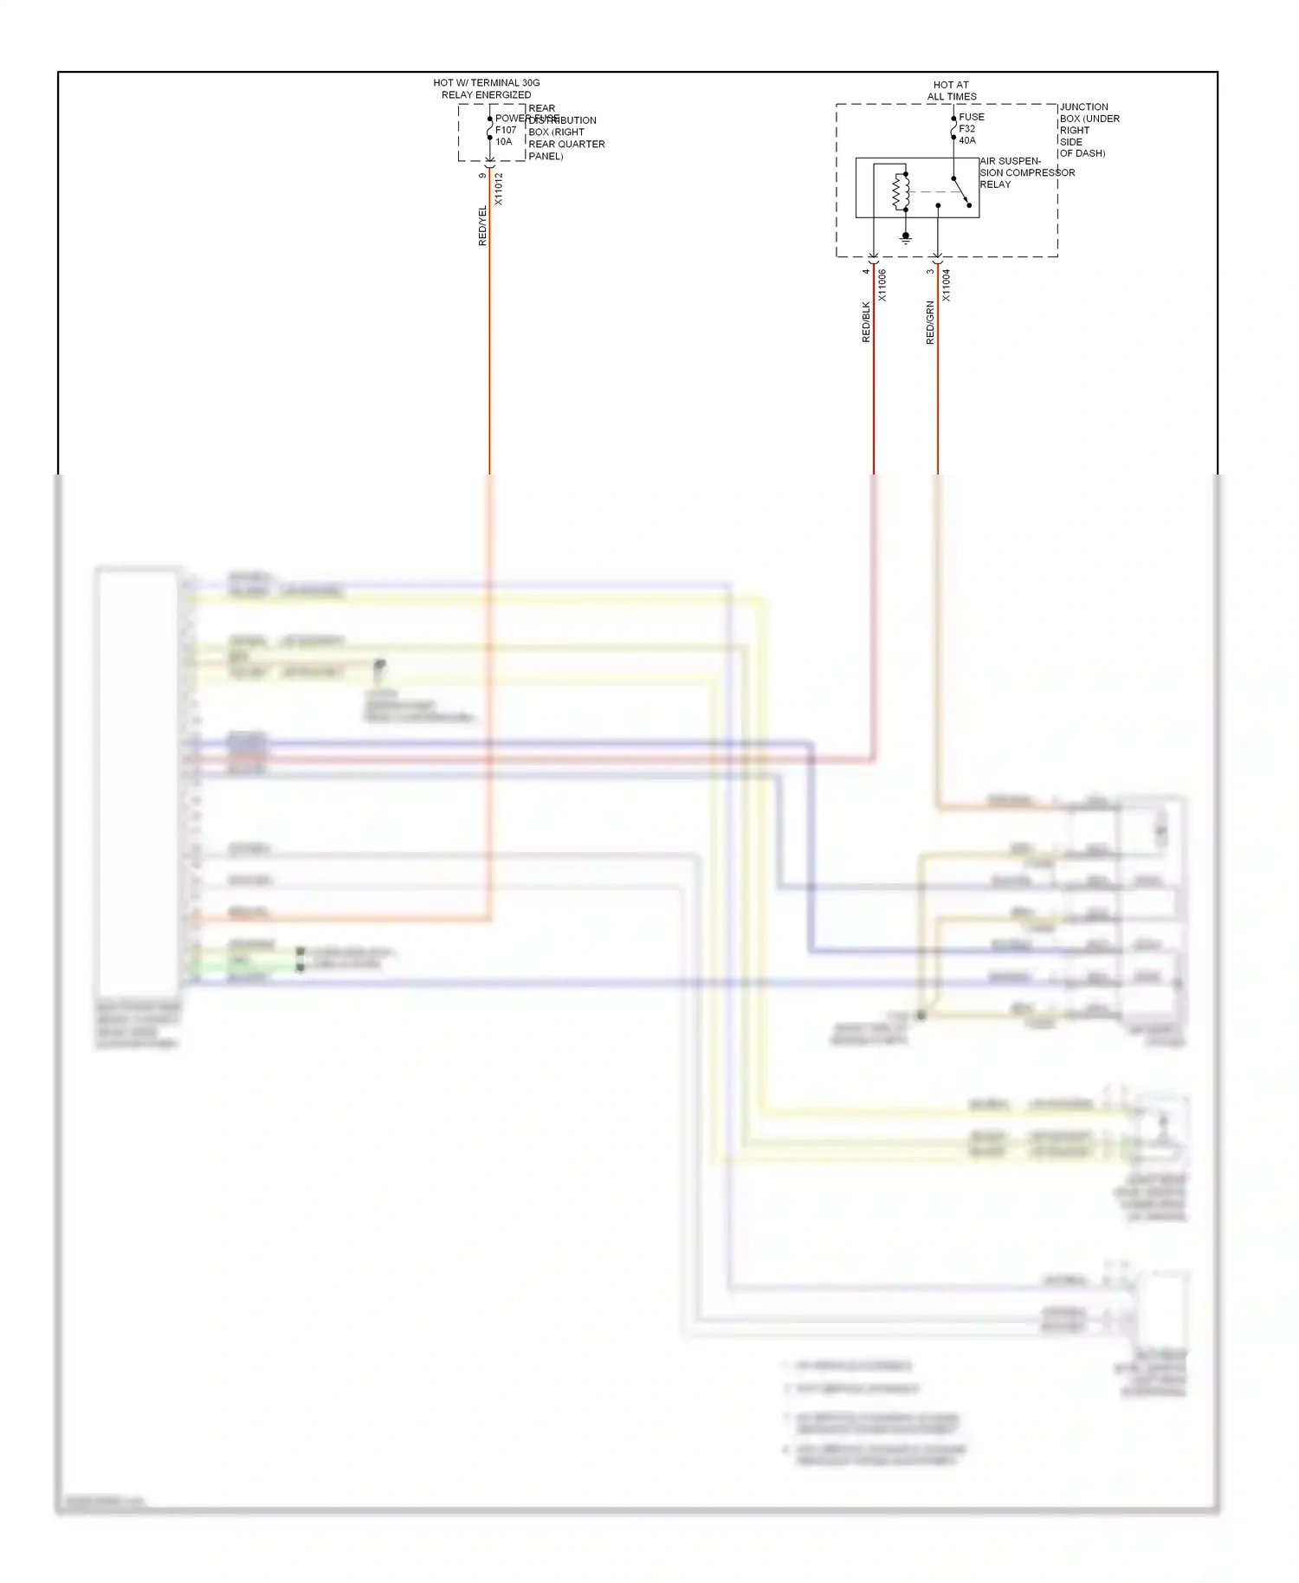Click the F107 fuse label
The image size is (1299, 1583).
506,130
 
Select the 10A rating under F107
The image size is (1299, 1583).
504,142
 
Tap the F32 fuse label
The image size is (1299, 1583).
966,128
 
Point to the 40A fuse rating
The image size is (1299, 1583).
967,140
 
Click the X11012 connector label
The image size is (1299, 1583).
498,189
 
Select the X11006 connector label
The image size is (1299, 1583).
882,285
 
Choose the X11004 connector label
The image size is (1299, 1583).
947,285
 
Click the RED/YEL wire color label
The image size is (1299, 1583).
483,225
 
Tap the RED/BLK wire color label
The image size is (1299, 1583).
866,321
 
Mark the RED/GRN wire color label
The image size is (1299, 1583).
930,322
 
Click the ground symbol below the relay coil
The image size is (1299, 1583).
906,237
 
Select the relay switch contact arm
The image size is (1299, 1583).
961,192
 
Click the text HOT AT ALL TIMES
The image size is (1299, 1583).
951,91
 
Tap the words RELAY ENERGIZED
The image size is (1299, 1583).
486,95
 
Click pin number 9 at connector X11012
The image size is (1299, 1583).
482,176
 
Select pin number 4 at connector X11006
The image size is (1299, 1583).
866,271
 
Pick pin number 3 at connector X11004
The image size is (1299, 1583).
930,271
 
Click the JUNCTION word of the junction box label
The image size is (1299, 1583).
1084,107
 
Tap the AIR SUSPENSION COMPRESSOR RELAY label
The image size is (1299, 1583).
1026,172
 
